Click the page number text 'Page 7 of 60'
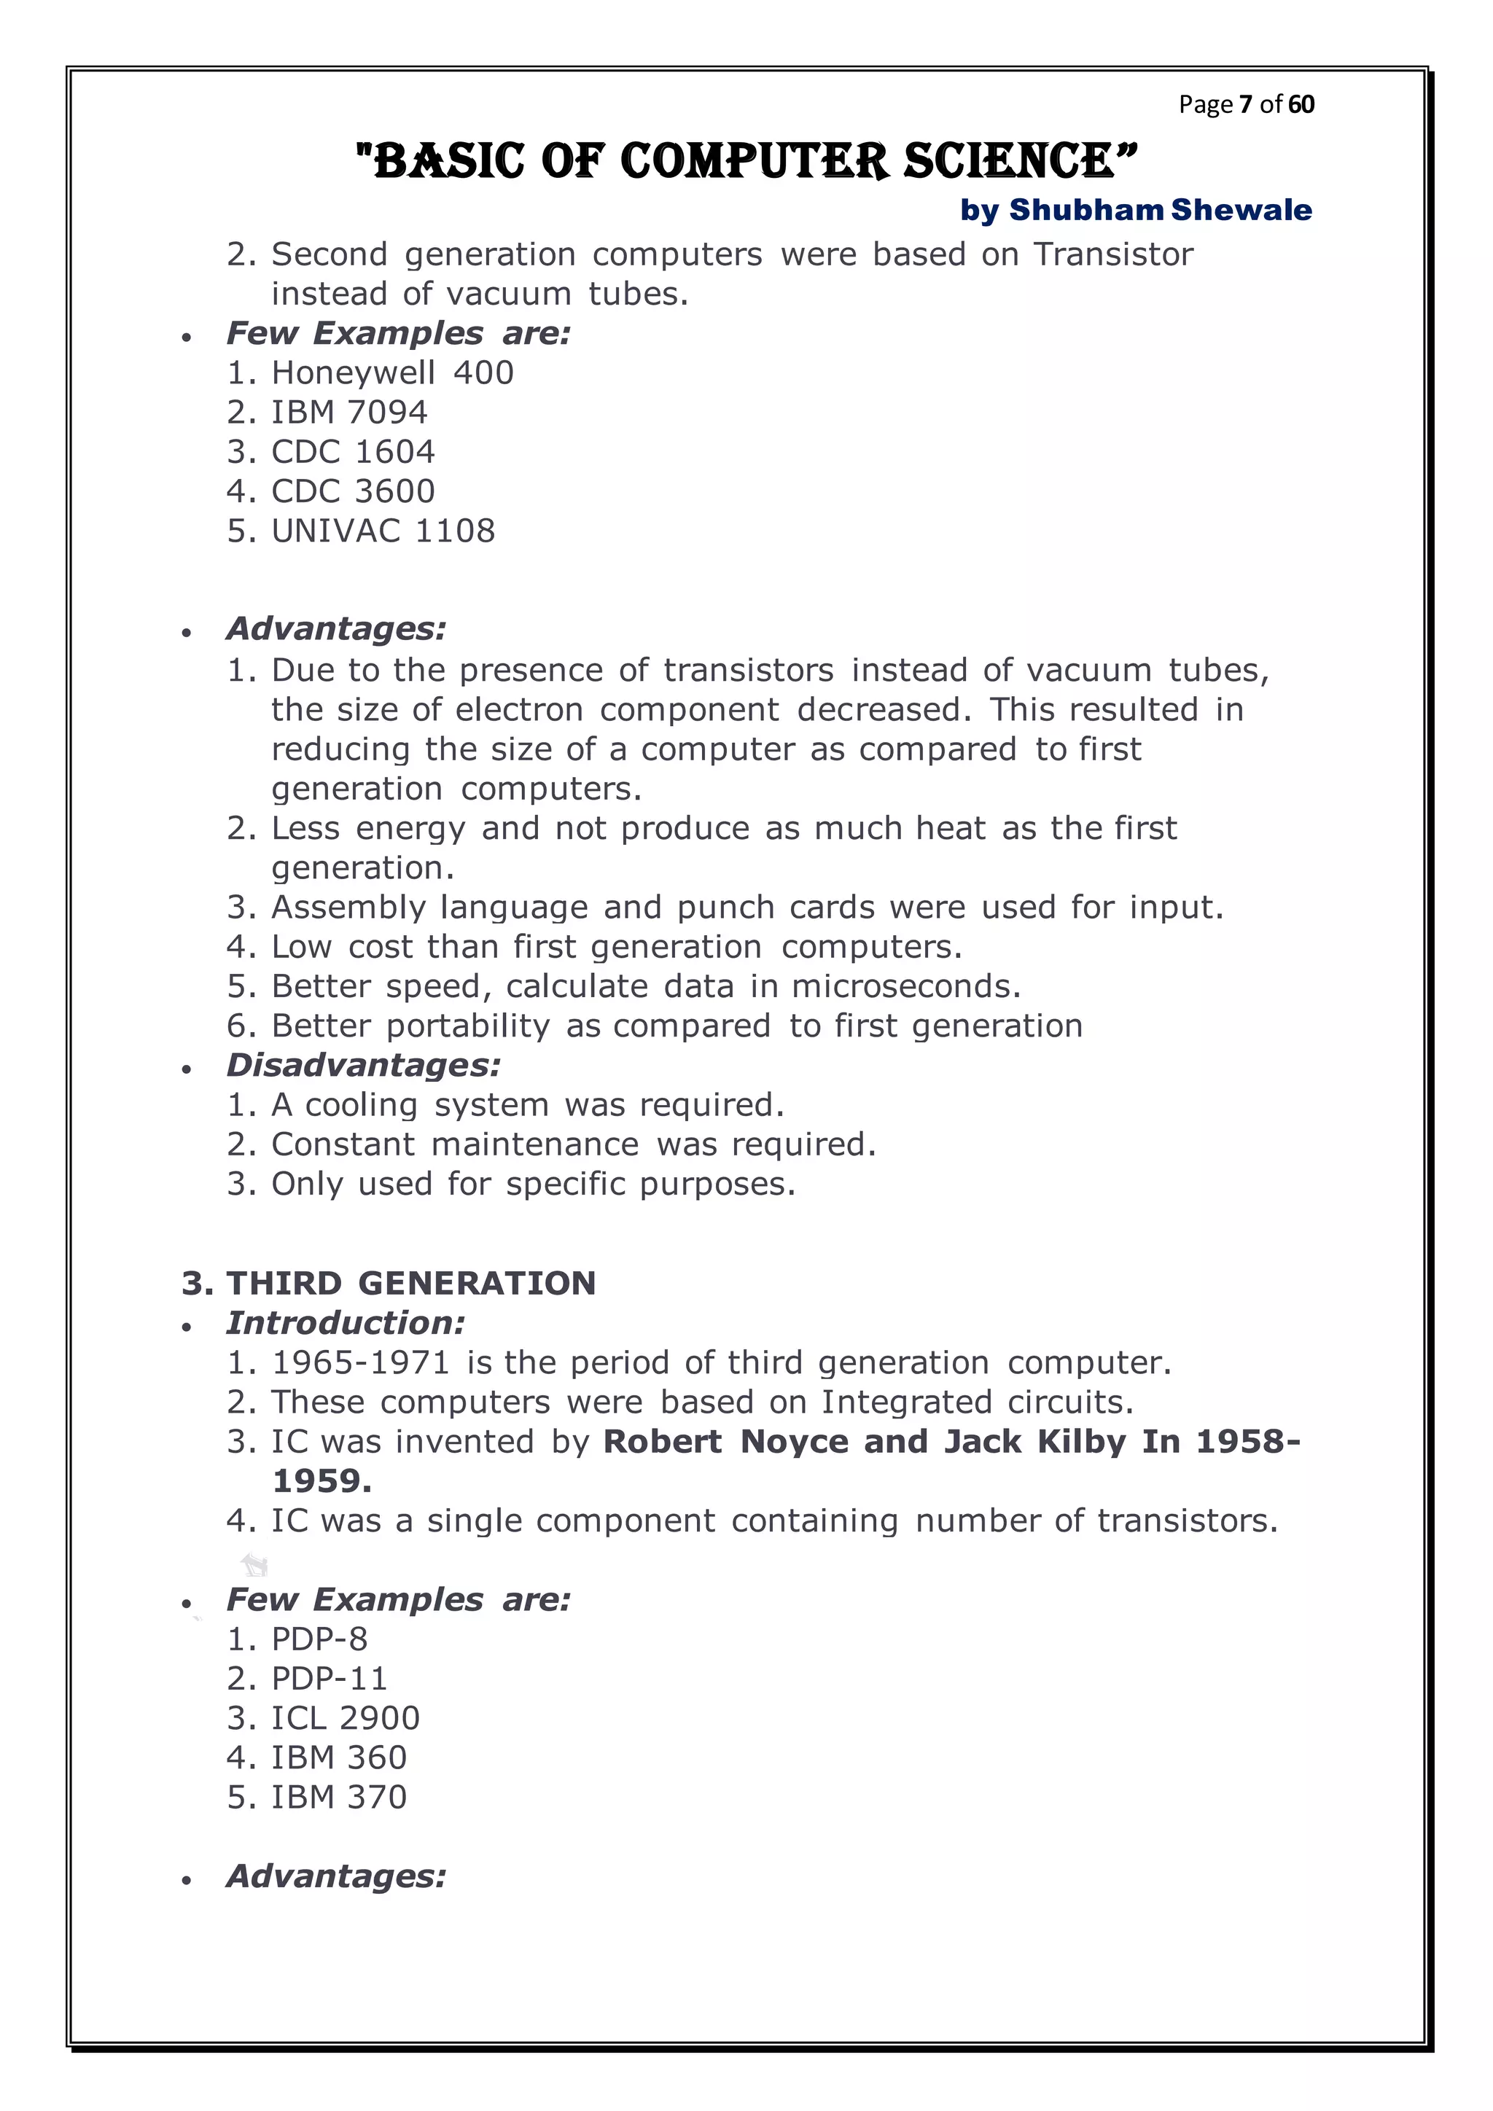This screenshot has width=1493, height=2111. (x=1246, y=104)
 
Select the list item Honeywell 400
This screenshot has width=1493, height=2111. (x=392, y=372)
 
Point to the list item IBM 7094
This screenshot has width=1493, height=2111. (x=349, y=412)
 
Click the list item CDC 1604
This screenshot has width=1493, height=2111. (x=353, y=451)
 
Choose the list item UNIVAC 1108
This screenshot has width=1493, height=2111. (x=383, y=531)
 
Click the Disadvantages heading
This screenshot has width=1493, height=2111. (x=363, y=1065)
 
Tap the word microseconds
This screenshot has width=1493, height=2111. (x=905, y=986)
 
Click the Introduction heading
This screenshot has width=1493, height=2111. (x=346, y=1322)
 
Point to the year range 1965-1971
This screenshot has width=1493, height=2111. (x=360, y=1362)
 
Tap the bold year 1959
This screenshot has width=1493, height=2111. (x=321, y=1480)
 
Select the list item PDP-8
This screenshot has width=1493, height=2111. (x=319, y=1639)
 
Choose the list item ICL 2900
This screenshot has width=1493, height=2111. (x=345, y=1717)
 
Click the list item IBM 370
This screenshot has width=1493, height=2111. (x=338, y=1797)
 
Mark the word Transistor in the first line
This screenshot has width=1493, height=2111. (x=1112, y=254)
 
